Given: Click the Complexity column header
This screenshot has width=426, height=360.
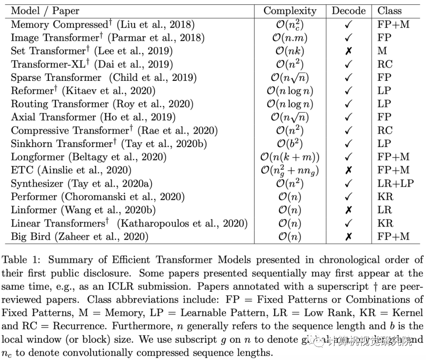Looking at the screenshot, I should click(290, 11).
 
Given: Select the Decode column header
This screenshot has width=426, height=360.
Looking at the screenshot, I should click(348, 11).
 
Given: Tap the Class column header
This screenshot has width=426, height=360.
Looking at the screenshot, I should click(389, 11).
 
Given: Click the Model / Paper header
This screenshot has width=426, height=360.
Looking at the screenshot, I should click(45, 11).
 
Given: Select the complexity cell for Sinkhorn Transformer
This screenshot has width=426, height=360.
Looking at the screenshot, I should click(290, 144).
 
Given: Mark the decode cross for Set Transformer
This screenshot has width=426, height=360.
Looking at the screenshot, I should click(348, 51).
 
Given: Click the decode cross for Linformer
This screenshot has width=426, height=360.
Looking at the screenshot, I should click(348, 210).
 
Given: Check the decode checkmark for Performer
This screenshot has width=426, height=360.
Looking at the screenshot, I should click(348, 197).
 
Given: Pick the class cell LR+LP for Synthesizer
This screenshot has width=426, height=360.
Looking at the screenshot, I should click(396, 183).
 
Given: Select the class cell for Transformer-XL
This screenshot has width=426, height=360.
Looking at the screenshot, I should click(385, 64).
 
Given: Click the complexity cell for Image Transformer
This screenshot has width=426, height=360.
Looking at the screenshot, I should click(290, 38).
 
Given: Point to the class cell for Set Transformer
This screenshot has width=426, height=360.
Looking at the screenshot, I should click(382, 51).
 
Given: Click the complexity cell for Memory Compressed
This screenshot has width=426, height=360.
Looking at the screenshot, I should click(290, 24).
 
